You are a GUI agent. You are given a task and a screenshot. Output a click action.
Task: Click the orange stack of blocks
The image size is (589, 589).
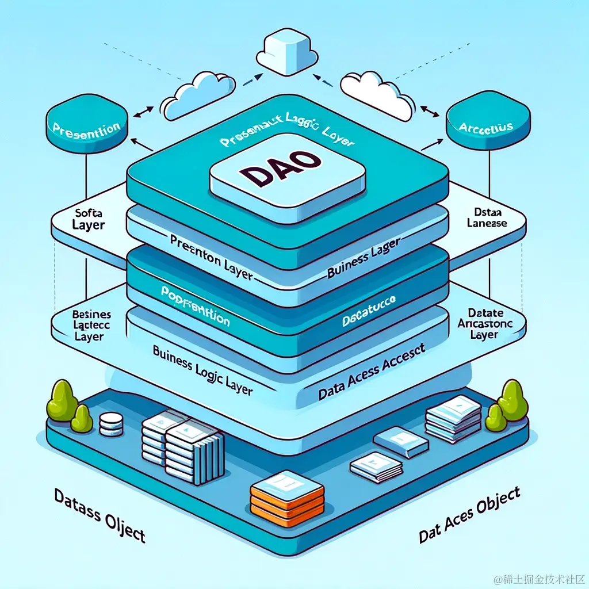(285, 495)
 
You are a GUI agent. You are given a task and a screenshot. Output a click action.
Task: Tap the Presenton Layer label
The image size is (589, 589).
(212, 257)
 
